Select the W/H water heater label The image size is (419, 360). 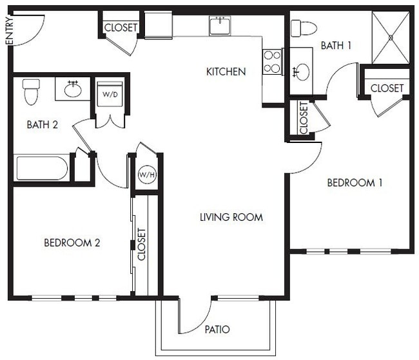point(146,175)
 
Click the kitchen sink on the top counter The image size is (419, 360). point(220,26)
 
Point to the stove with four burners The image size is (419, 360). point(272,62)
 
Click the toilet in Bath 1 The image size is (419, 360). point(302,28)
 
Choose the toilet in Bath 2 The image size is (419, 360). point(31,91)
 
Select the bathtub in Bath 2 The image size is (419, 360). point(42,169)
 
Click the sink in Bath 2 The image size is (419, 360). point(72,90)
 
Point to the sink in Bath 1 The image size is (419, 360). point(300,71)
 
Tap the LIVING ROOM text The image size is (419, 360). point(231,217)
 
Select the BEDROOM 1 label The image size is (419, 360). point(355,183)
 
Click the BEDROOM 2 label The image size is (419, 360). point(72,243)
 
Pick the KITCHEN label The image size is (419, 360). point(226,71)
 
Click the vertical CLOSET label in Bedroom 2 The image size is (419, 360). point(142,243)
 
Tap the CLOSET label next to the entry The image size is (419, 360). point(121,28)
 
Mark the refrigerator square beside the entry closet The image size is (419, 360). point(158,25)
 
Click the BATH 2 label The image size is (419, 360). point(42,125)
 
